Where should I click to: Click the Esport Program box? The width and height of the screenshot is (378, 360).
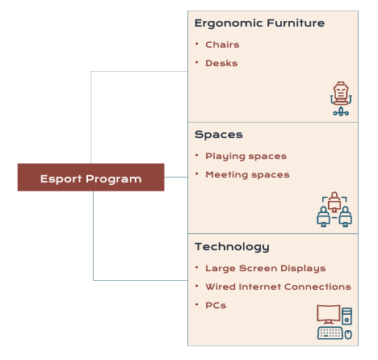(x=91, y=178)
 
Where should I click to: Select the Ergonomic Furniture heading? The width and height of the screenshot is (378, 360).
(x=259, y=23)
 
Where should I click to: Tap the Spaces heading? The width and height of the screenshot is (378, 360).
(x=219, y=135)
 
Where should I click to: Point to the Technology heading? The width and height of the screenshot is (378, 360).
(x=232, y=247)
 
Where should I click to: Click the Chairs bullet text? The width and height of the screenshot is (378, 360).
(x=222, y=44)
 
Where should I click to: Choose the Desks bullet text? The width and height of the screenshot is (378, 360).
(x=221, y=63)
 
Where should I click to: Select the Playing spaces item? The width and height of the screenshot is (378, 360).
(x=246, y=157)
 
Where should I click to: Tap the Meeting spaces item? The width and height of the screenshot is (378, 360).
(x=247, y=175)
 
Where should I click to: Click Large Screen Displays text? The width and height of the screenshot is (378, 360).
(x=266, y=268)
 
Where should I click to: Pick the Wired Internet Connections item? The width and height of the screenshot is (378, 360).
(x=278, y=287)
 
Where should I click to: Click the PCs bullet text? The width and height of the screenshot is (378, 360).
(x=216, y=305)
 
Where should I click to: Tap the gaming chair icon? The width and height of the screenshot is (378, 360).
(x=341, y=98)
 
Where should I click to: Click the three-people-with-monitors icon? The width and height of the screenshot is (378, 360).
(x=334, y=209)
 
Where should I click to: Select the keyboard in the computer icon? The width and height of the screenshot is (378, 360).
(x=330, y=333)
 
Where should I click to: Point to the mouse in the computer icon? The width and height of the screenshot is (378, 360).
(x=348, y=335)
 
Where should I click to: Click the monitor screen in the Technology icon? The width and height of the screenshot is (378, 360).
(x=329, y=314)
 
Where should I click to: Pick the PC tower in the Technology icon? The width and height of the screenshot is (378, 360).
(x=346, y=316)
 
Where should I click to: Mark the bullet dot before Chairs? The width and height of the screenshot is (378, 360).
(x=197, y=44)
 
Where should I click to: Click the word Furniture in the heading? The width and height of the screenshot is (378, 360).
(x=296, y=23)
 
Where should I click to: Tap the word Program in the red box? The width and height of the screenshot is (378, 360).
(x=114, y=179)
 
